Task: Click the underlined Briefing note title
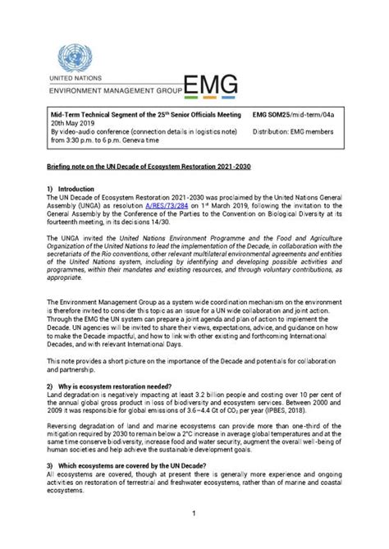point(149,167)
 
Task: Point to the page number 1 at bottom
point(194,514)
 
